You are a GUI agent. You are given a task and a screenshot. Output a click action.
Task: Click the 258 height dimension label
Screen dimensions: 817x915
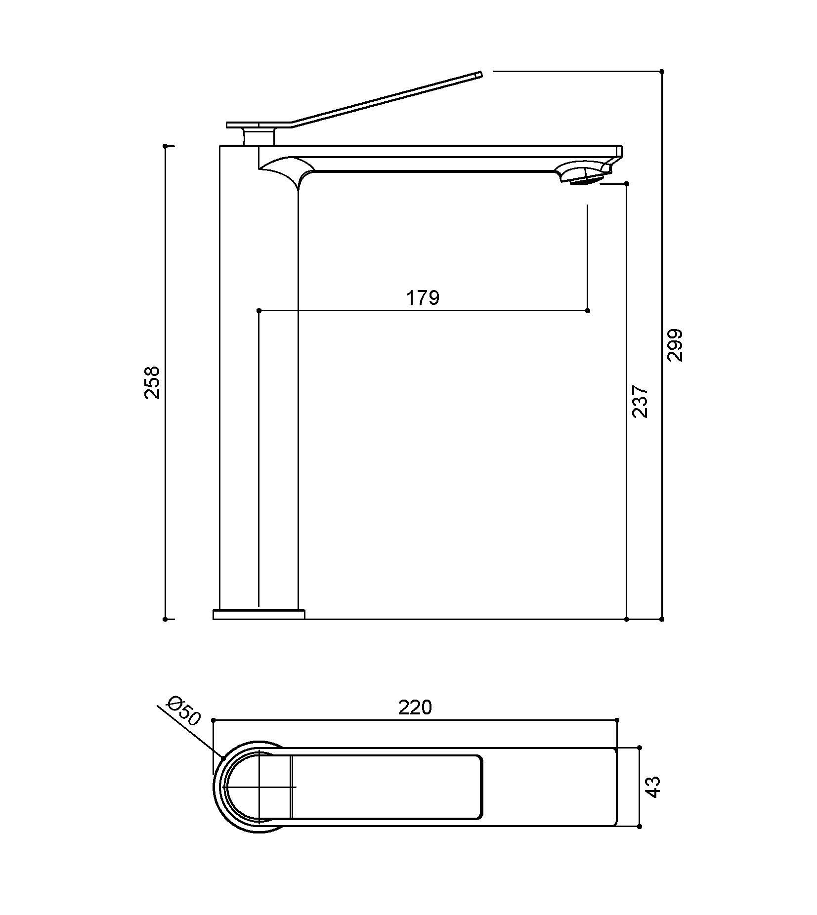152,382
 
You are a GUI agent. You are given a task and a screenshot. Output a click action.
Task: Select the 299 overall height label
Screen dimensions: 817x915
675,345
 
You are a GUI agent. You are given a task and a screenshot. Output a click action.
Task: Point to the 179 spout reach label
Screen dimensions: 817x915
423,298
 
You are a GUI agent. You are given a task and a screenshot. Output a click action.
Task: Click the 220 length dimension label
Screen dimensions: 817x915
415,707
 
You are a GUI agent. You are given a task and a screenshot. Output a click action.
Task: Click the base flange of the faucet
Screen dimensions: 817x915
259,615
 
